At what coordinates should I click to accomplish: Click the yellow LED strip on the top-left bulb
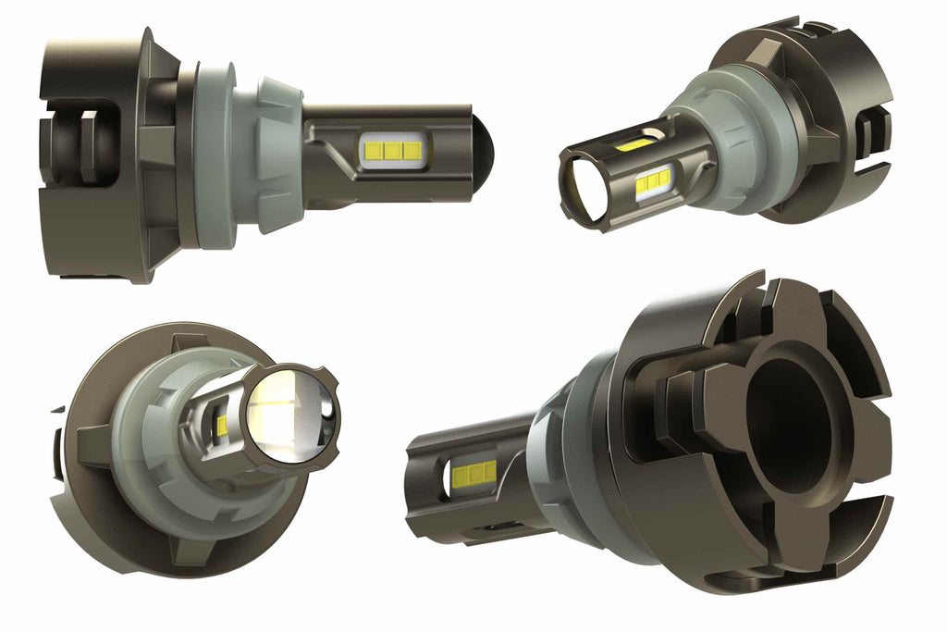[393, 149]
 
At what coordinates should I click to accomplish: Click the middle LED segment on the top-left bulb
[393, 149]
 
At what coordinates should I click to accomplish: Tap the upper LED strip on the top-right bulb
[635, 144]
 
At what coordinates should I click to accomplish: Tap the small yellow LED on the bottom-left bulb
[223, 425]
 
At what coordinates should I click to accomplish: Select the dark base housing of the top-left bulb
[102, 153]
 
